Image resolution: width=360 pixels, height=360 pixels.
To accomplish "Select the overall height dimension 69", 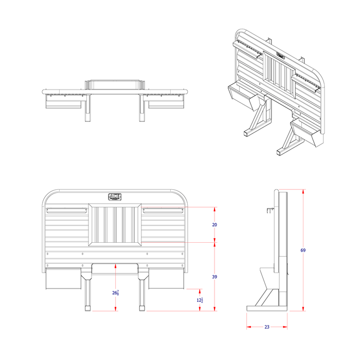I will tap(303, 250).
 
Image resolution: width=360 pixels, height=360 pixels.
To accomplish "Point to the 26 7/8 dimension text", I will tap(116, 293).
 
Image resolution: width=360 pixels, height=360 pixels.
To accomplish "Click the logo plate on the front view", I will tap(115, 196).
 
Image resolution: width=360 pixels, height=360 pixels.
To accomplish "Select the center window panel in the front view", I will tap(115, 225).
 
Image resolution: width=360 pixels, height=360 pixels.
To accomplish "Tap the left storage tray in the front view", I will tap(63, 279).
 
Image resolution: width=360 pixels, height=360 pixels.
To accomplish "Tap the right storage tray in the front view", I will tap(167, 279).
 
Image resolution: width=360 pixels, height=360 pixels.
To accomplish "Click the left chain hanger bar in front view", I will tap(67, 210).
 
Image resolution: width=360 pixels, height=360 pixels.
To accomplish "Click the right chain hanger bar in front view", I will tap(163, 210).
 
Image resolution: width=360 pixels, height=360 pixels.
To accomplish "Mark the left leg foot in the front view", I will tap(87, 309).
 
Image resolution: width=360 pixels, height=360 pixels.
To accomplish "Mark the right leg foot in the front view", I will tap(142, 309).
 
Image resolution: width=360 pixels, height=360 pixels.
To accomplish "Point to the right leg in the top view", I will tap(142, 109).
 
